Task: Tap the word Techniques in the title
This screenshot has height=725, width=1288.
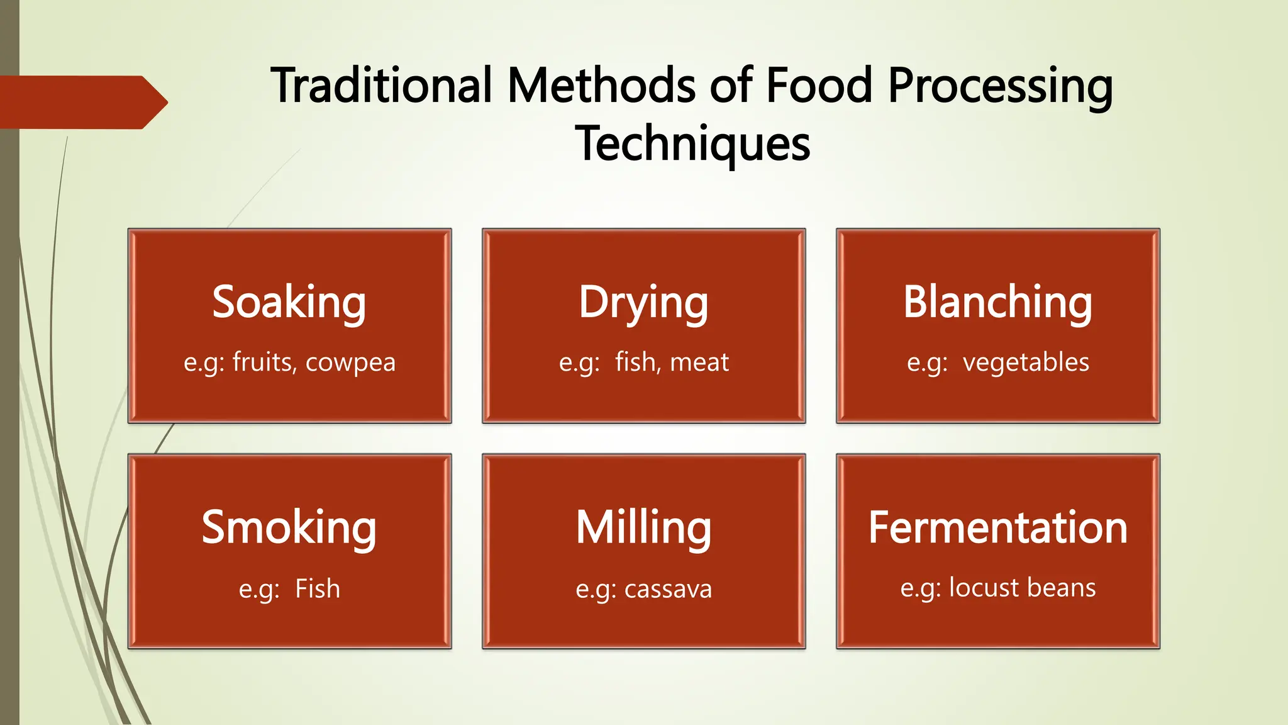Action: coord(692,144)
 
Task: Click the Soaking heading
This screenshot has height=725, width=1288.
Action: coord(289,302)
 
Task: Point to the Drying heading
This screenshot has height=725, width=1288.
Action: coord(643,302)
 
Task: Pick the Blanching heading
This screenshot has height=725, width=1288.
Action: coord(997,302)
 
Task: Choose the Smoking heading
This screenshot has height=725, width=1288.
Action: coord(289,527)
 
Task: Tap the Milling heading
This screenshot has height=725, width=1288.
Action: coord(643,527)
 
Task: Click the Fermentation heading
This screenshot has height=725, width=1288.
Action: coord(997,527)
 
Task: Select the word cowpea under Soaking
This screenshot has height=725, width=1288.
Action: coord(350,363)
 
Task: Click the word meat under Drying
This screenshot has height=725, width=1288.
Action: coord(699,362)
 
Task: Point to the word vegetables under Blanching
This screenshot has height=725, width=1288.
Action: coord(1026,363)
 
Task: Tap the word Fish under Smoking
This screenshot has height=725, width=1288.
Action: coord(318,589)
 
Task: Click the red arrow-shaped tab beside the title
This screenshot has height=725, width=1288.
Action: coord(82,102)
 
